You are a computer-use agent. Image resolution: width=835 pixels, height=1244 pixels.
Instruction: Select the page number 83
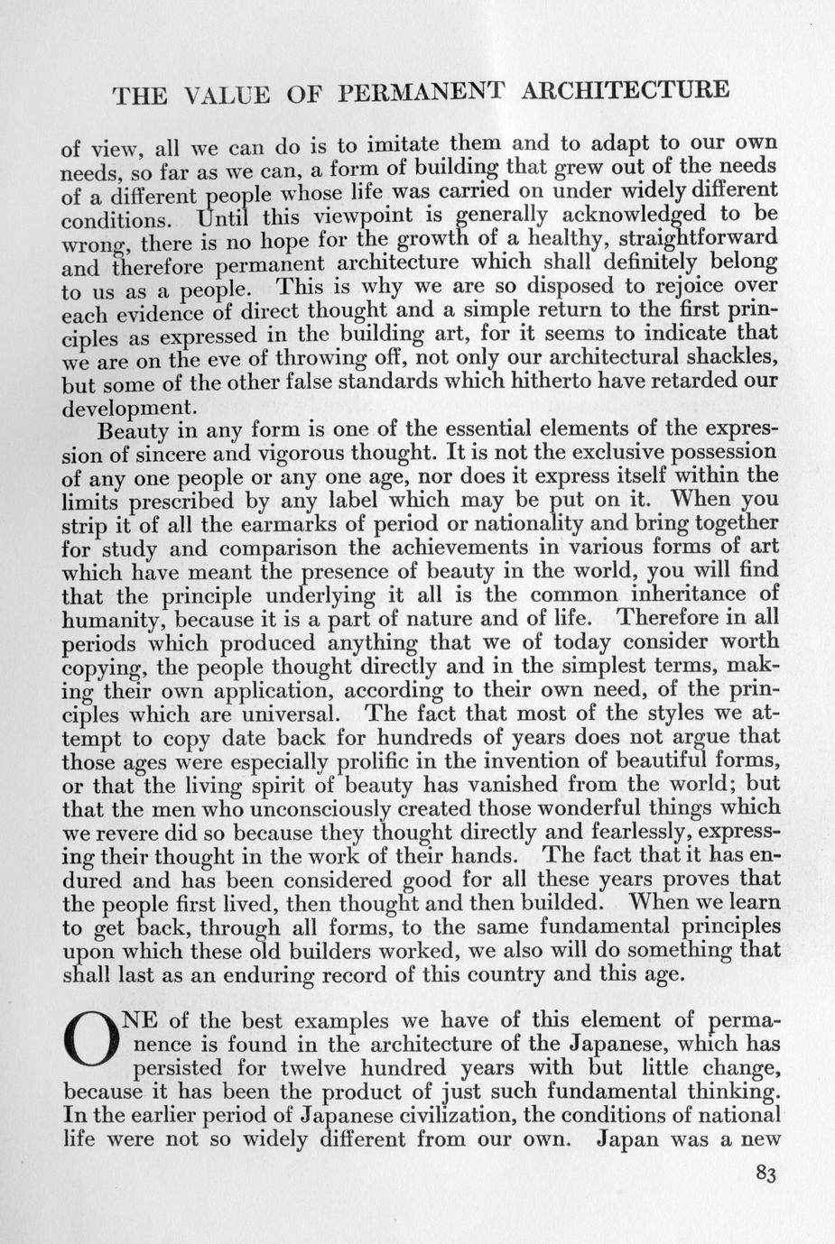765,1174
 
